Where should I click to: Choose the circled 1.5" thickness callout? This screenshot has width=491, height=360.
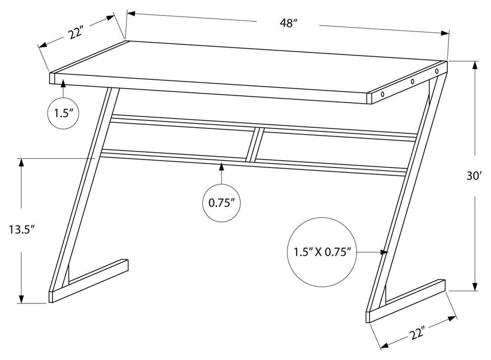click(x=64, y=114)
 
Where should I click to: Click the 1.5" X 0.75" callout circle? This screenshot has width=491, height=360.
click(x=322, y=252)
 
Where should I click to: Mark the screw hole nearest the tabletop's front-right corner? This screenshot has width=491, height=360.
click(x=382, y=93)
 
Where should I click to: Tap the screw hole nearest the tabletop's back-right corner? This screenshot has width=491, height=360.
click(x=437, y=71)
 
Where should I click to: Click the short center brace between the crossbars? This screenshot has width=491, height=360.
click(x=253, y=144)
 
